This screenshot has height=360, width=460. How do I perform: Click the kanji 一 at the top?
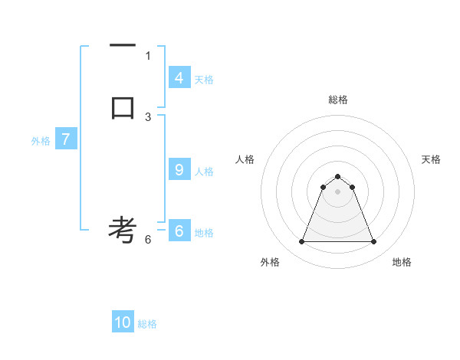[123, 46]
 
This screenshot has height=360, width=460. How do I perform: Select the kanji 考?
[123, 229]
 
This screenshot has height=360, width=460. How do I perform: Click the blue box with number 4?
[179, 78]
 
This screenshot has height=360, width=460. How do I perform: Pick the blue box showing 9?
[179, 170]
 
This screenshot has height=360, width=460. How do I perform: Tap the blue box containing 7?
[66, 139]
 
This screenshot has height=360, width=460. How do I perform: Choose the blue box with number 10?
[123, 322]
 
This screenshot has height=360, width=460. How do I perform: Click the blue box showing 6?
[179, 231]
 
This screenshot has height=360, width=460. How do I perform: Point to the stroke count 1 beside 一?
[148, 55]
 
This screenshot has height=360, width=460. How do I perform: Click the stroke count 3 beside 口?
[148, 116]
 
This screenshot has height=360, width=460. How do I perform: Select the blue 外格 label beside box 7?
[41, 141]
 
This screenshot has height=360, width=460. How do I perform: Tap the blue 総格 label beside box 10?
[147, 324]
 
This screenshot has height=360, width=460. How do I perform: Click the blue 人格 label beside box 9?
[204, 172]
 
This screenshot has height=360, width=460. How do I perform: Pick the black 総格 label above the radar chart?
[337, 100]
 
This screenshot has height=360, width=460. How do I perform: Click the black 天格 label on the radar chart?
[432, 159]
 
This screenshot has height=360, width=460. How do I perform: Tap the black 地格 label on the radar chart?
[402, 262]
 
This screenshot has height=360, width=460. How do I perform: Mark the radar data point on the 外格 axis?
[301, 242]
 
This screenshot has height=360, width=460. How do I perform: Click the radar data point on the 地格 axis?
[373, 242]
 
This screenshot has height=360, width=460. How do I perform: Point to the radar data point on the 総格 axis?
[337, 173]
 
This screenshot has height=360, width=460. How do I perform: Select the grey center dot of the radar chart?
[337, 191]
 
